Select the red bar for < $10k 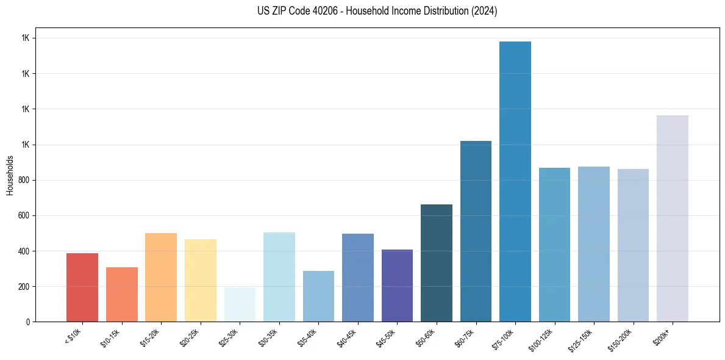point(82,287)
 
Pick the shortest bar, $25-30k point(240,304)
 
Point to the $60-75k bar point(476,231)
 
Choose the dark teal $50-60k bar point(437,263)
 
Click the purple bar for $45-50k point(397,286)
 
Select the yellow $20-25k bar point(201,280)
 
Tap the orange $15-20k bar point(161,277)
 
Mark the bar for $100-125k point(554,245)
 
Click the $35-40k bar point(318,296)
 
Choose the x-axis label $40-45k point(348,337)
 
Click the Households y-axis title point(10,175)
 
